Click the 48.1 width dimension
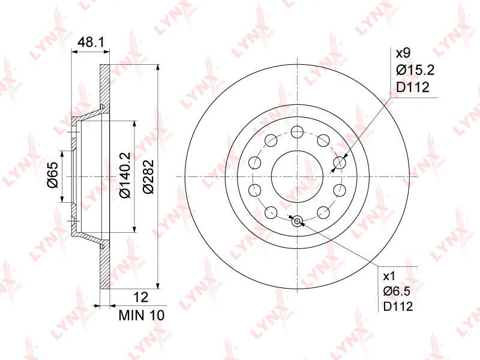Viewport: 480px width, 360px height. point(91,42)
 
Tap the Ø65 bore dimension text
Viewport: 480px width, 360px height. point(53,175)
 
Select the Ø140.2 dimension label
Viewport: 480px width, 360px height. point(125,175)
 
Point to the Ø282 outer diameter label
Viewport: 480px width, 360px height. point(148,176)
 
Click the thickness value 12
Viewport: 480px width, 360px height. point(141,297)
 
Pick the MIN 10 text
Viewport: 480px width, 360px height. point(142,316)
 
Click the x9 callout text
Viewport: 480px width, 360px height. point(403,53)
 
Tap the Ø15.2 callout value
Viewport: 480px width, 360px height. point(415,70)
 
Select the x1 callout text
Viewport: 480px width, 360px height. point(389,277)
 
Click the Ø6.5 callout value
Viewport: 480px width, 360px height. point(397,291)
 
